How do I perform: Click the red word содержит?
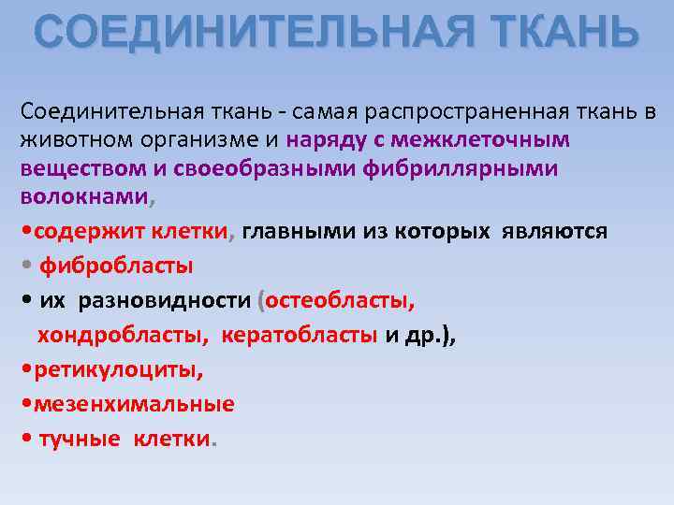[75, 231]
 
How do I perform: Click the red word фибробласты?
[116, 267]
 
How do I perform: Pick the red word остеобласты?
[342, 301]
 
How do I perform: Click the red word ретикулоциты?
[117, 369]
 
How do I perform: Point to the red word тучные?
[80, 439]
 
